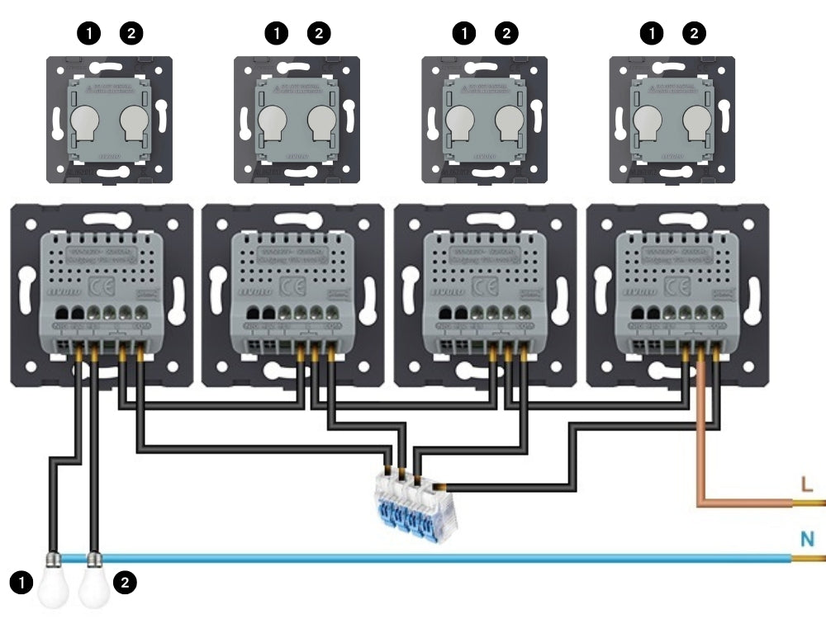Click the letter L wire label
click(x=806, y=484)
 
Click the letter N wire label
click(x=808, y=540)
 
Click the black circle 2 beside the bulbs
click(x=125, y=583)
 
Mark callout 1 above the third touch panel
click(x=466, y=33)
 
